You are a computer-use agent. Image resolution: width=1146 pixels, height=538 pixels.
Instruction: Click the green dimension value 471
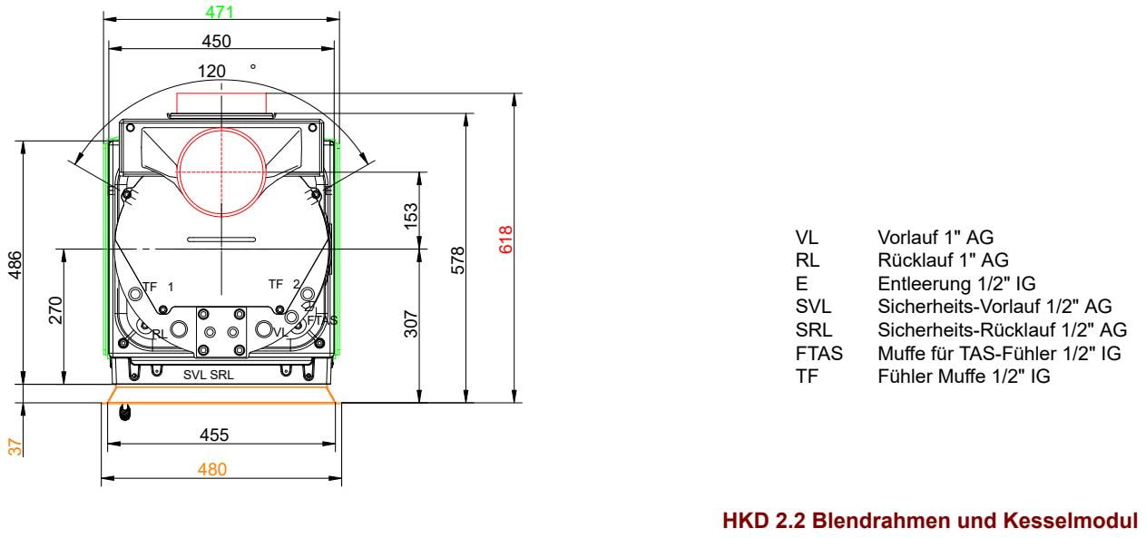(x=220, y=11)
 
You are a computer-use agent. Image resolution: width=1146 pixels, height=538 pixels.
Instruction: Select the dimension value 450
(x=217, y=41)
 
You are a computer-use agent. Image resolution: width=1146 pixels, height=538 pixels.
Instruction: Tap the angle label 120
(x=211, y=71)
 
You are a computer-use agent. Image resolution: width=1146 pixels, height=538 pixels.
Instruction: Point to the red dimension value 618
(x=505, y=240)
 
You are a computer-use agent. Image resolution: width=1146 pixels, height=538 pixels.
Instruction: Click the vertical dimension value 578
(x=458, y=259)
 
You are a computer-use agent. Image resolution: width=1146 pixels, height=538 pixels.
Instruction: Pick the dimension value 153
(x=411, y=216)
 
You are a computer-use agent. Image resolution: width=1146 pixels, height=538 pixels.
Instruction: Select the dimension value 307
(x=411, y=323)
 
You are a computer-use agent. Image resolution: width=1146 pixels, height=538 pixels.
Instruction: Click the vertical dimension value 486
(x=15, y=265)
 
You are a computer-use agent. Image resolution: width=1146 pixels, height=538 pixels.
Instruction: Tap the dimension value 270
(x=55, y=310)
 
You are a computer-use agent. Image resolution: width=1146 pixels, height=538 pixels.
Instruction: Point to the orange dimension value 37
(x=15, y=447)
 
